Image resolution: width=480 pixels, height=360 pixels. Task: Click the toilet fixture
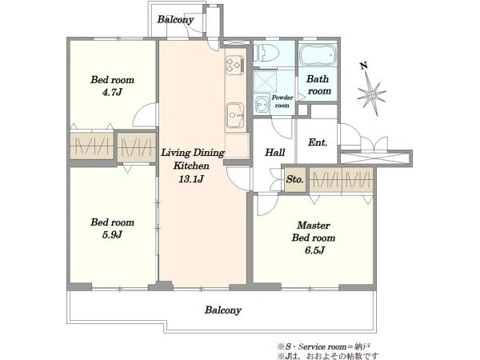tap(266, 54)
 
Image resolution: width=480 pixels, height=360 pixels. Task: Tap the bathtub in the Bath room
tap(318, 55)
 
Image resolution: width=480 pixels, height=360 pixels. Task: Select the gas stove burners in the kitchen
tap(235, 66)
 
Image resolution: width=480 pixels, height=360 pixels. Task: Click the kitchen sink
tap(235, 114)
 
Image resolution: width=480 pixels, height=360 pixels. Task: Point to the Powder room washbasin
tap(262, 105)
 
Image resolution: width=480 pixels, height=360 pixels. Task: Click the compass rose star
tap(372, 94)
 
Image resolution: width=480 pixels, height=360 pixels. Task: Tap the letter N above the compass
tap(364, 66)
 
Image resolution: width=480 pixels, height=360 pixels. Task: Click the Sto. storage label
tap(295, 179)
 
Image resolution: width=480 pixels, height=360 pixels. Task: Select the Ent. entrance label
tap(318, 142)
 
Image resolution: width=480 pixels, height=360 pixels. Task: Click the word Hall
tap(275, 152)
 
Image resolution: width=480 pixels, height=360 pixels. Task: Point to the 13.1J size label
tap(191, 179)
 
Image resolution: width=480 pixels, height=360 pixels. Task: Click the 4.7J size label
tap(112, 92)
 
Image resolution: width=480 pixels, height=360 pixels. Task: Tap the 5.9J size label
tap(112, 234)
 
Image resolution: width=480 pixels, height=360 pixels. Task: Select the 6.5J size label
tap(314, 250)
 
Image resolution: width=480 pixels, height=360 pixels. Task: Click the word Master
tap(314, 226)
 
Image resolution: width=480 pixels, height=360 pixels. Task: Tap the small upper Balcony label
tap(175, 20)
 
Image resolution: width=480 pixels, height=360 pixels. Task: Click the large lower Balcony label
tap(223, 310)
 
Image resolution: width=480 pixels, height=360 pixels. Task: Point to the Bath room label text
tap(318, 85)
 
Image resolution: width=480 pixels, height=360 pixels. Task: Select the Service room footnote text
tap(324, 347)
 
